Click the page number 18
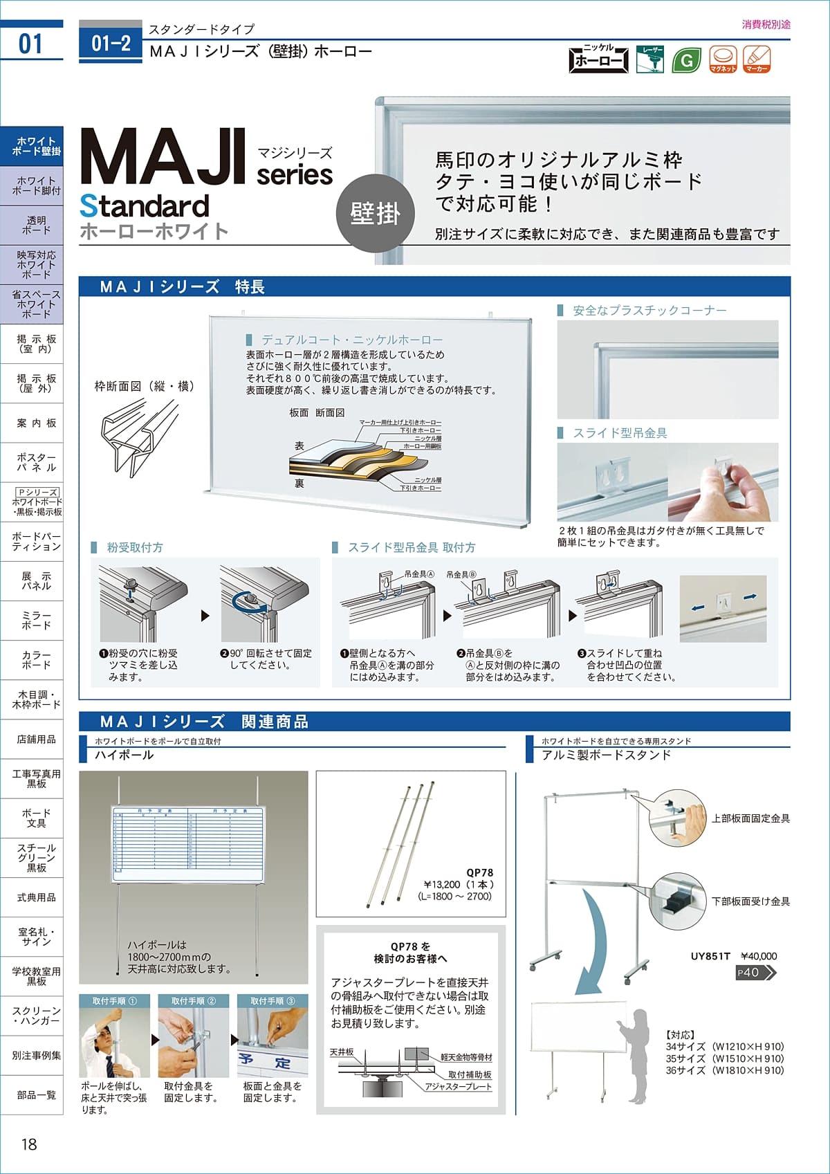tap(28, 1144)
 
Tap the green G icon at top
tap(686, 60)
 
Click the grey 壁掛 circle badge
tap(376, 214)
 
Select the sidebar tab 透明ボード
tap(36, 225)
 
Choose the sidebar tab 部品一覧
tap(36, 1095)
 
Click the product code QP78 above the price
tap(479, 872)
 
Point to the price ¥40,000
tap(759, 956)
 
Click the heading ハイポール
tap(124, 755)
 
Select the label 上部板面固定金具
tap(750, 818)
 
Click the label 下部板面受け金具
tap(750, 901)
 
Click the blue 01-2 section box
tap(111, 43)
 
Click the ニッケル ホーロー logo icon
tap(598, 59)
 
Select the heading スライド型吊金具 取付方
tap(412, 547)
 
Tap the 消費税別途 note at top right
tap(766, 24)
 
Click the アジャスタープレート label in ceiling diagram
tap(458, 1087)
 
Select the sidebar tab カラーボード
tap(36, 660)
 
